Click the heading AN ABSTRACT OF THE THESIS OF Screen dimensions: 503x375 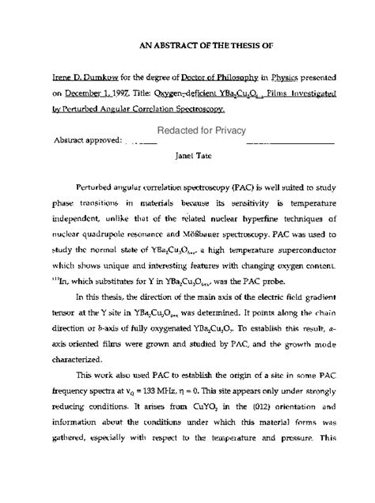pos(188,46)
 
